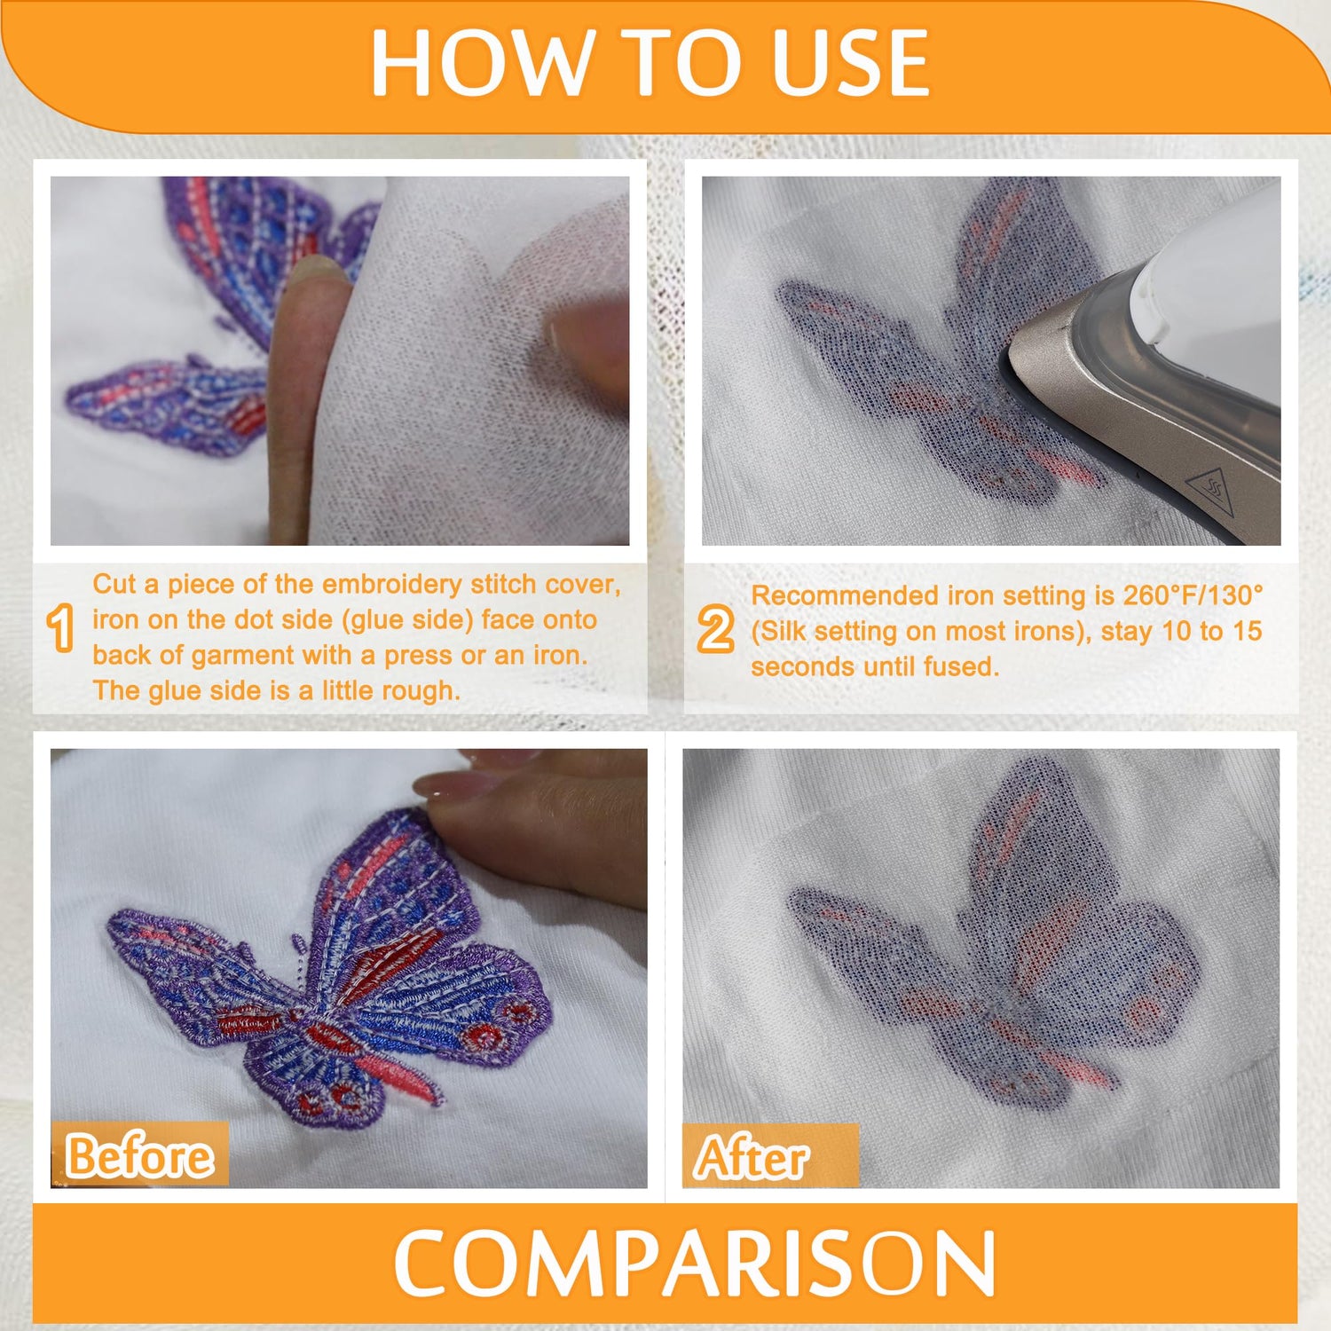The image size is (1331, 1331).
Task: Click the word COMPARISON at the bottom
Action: point(695,1264)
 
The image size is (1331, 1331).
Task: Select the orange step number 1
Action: point(60,628)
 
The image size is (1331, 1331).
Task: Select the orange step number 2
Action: point(715,629)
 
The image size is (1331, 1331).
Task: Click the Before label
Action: point(140,1156)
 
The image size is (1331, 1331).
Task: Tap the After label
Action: point(752,1158)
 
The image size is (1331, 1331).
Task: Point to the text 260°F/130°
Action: point(1193,595)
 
